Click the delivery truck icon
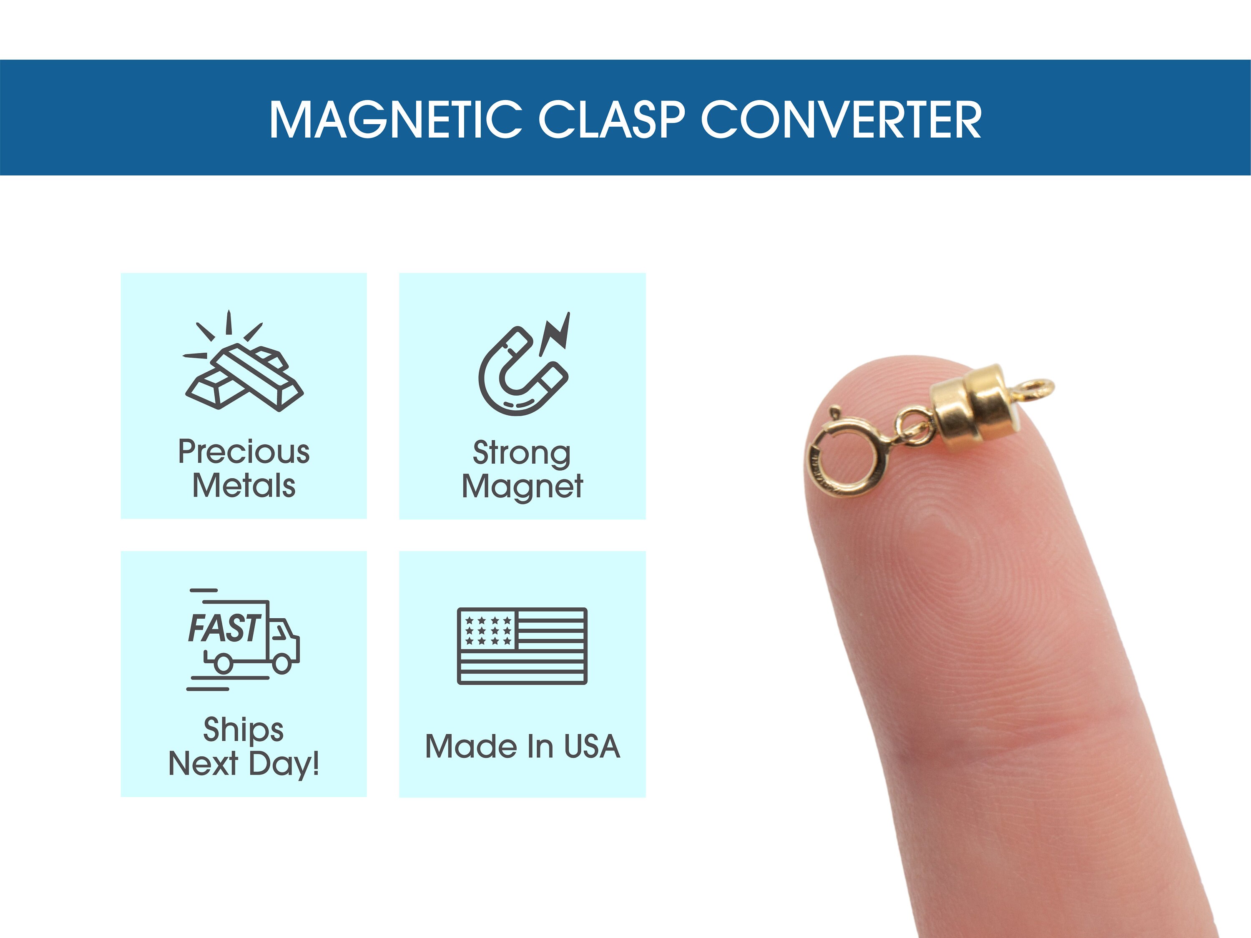[243, 639]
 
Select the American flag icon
[522, 646]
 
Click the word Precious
[244, 452]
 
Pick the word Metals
[244, 486]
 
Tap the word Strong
[521, 454]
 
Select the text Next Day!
[244, 764]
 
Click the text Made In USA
[523, 746]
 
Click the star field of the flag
[487, 630]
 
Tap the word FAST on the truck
[224, 628]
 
